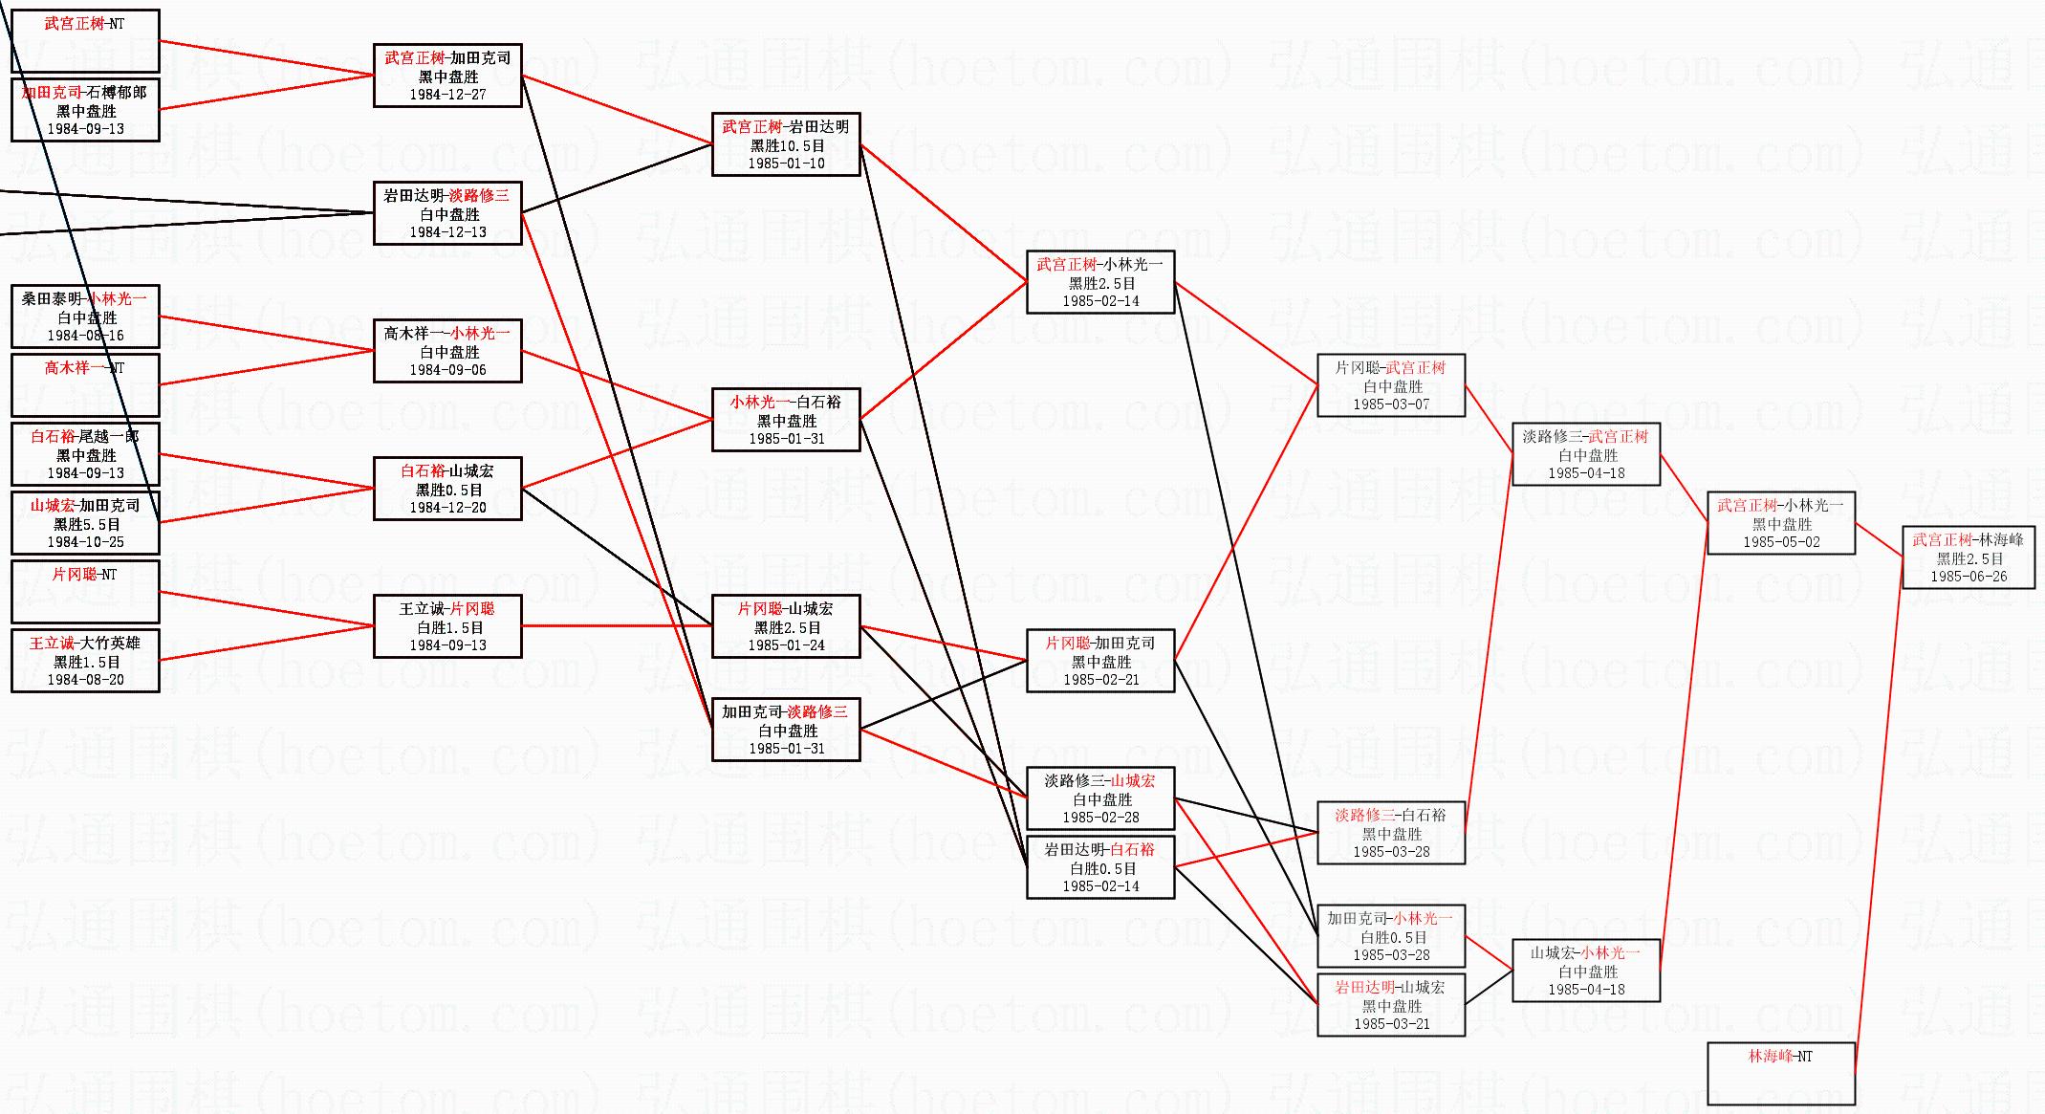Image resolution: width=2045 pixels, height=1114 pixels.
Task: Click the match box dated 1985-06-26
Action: tap(1968, 557)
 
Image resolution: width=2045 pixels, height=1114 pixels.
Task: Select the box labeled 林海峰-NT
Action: tap(1780, 1073)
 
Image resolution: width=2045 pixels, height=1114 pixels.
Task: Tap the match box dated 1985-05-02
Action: tap(1780, 523)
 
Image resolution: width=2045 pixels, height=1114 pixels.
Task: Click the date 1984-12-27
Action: tap(447, 95)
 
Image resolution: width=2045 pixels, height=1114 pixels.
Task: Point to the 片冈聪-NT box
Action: tap(85, 592)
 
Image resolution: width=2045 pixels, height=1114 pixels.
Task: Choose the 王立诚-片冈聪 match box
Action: tap(447, 626)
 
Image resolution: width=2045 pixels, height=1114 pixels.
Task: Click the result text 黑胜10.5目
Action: tap(786, 145)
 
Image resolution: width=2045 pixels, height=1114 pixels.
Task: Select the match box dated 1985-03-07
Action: tap(1390, 385)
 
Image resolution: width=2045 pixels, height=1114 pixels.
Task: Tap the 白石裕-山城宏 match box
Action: tap(447, 489)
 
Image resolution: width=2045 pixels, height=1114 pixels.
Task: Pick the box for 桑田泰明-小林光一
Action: tap(85, 317)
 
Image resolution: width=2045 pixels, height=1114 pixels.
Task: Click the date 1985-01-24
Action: tap(786, 645)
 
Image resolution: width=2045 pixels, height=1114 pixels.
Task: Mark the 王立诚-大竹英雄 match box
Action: tap(85, 661)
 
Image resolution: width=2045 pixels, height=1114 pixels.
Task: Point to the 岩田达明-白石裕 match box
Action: tap(1099, 867)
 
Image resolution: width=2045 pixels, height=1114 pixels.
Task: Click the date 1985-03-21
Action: tap(1391, 1024)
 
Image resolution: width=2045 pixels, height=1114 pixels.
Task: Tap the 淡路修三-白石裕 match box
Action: tap(1390, 833)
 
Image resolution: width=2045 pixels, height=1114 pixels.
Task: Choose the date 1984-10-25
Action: tap(85, 542)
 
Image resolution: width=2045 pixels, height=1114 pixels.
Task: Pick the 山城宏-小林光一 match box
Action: tap(1585, 971)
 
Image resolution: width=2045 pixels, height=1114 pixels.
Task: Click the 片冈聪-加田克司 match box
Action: tap(1099, 661)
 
